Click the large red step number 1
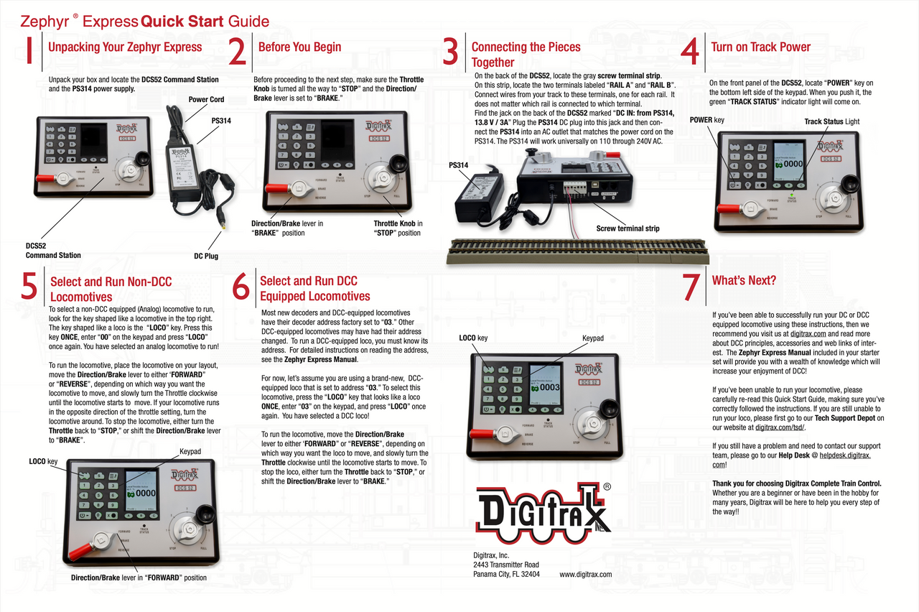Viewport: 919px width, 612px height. pos(29,51)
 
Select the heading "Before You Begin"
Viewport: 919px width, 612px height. pos(299,47)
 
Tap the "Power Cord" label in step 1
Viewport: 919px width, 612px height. pos(206,99)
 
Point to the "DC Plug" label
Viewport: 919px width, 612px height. pos(206,256)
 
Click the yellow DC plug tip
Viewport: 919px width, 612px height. pos(223,228)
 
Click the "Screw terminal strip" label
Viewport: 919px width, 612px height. pos(628,228)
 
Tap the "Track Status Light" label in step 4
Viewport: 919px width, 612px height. pos(831,121)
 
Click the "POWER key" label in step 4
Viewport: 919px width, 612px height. pos(707,120)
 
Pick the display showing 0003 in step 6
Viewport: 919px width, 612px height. pos(544,386)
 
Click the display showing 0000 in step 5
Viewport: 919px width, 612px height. pos(142,493)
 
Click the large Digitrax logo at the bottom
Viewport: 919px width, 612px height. pos(544,509)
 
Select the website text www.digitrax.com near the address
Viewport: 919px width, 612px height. pos(585,575)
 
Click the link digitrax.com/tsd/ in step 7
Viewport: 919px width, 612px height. pos(780,427)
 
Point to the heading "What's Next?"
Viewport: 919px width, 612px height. pos(744,281)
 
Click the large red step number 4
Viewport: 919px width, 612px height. pos(690,52)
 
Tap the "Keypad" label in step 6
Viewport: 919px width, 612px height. pos(593,338)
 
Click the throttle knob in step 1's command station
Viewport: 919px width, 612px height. pos(130,170)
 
